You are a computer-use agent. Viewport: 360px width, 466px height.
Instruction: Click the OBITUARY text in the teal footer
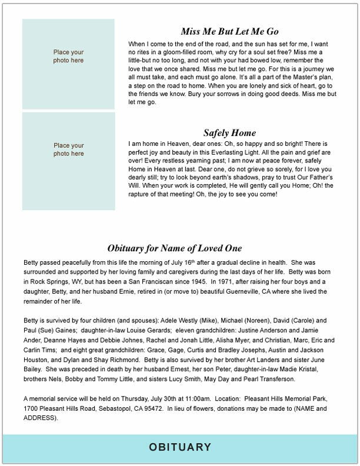(179, 448)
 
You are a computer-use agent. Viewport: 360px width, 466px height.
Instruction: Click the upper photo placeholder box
(69, 56)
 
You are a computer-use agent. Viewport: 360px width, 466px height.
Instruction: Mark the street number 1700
(31, 407)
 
